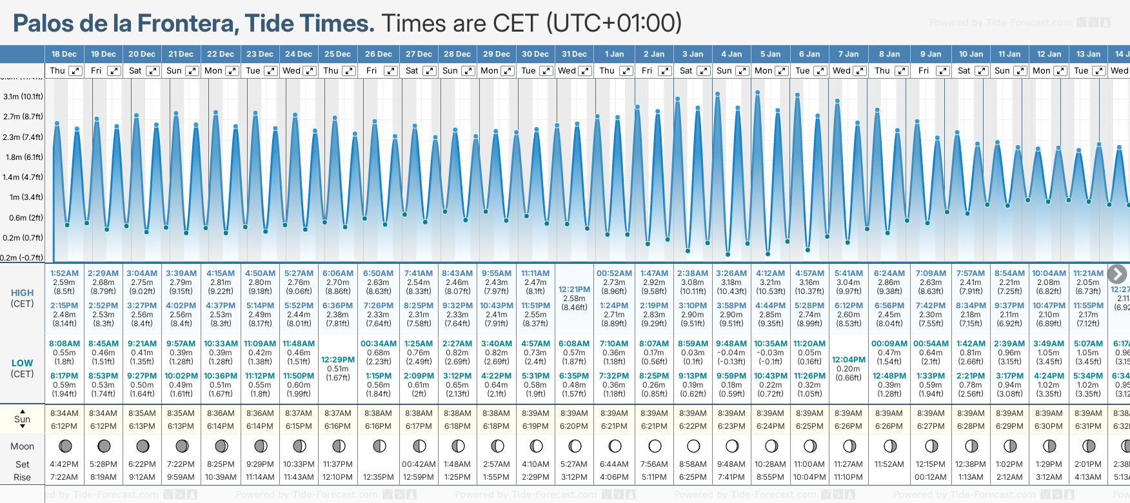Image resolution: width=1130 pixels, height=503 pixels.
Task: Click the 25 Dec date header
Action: (337, 54)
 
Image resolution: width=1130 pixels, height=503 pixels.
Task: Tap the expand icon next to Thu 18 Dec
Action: (75, 71)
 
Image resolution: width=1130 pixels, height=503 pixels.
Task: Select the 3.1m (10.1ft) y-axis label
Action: (23, 97)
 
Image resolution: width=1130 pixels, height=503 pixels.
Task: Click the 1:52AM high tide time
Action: (64, 273)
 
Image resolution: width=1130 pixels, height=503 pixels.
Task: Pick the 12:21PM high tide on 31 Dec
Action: (574, 290)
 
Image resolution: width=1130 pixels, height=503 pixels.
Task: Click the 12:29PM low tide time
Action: (338, 360)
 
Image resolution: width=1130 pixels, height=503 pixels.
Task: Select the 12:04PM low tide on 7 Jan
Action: (848, 360)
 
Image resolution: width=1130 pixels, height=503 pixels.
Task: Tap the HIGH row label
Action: (23, 293)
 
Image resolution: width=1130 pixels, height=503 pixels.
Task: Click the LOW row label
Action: (22, 363)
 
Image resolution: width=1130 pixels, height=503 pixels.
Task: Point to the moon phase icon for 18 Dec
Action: (64, 446)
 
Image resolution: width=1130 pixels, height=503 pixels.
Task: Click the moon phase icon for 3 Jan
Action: (693, 446)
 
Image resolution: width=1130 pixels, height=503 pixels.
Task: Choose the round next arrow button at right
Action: (1117, 274)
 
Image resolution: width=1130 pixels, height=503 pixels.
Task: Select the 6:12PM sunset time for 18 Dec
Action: (64, 426)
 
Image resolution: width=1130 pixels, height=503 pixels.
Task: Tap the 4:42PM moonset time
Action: (64, 464)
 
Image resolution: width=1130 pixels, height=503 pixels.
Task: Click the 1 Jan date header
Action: (613, 54)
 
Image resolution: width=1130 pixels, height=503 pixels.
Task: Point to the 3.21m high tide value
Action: (770, 282)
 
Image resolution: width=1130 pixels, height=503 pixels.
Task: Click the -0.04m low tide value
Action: (731, 353)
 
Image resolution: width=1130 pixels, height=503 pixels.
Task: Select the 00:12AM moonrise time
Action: (930, 477)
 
